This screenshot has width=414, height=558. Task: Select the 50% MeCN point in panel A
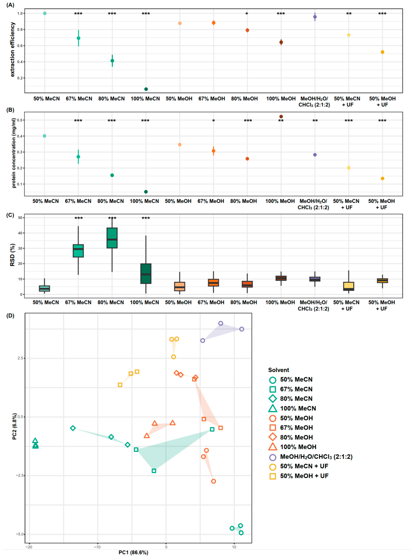click(45, 13)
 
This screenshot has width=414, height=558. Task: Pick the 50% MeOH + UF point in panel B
click(382, 179)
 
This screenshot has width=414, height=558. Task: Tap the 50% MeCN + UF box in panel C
click(349, 286)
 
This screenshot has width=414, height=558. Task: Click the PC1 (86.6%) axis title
click(133, 553)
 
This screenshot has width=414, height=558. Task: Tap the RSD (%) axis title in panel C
click(12, 255)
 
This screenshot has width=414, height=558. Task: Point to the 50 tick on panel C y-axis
click(20, 218)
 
